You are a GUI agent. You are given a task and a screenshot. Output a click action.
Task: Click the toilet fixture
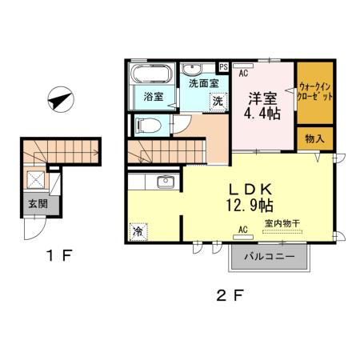coord(147,125)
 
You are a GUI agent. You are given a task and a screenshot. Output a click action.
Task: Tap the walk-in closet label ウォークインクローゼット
coord(314,90)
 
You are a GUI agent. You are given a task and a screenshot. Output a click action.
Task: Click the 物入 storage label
coord(314,138)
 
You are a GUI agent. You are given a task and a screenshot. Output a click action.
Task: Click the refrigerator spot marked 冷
coord(138,231)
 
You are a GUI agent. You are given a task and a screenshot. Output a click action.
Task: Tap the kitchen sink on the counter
coord(165,183)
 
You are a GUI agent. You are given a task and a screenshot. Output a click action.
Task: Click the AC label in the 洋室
coord(243,71)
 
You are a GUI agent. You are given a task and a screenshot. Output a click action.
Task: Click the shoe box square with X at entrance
coord(37,178)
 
